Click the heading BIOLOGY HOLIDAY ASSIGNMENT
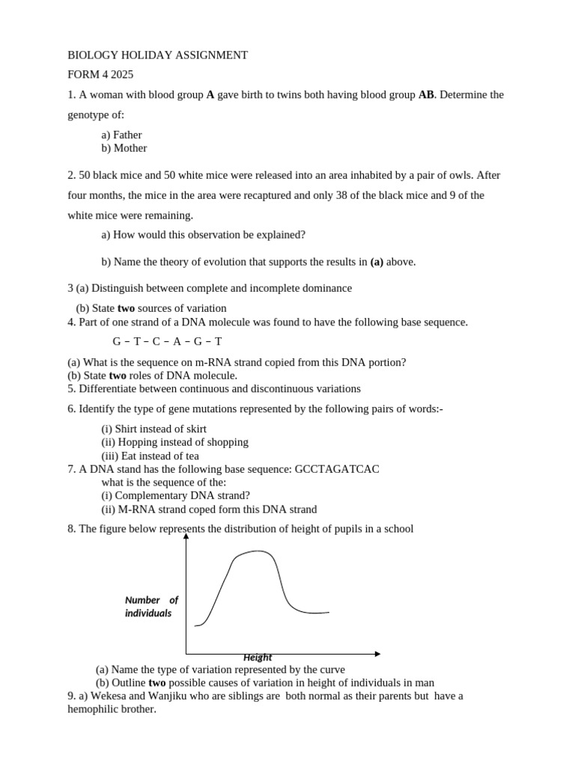point(157,55)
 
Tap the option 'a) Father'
point(121,135)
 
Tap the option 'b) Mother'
point(124,148)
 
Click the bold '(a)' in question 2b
point(377,262)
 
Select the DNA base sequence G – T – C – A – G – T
point(167,342)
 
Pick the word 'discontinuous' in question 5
point(284,389)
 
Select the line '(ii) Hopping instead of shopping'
point(174,442)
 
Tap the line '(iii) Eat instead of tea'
point(150,456)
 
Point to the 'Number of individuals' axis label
point(151,607)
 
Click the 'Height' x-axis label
point(258,658)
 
